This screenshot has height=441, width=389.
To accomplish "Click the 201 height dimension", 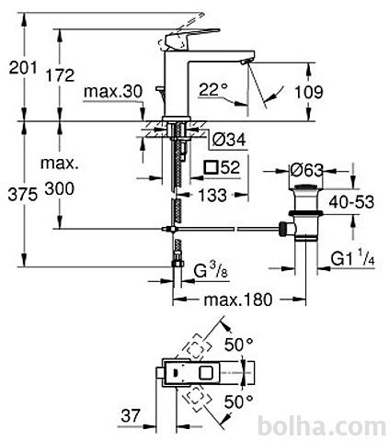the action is (x=23, y=68).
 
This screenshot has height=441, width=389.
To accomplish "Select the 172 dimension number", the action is (x=60, y=75).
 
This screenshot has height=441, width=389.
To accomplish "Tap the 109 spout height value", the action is (x=309, y=92).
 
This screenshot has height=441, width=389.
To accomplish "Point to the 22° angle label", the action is (x=213, y=90).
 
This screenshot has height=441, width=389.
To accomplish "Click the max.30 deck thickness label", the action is (x=113, y=91).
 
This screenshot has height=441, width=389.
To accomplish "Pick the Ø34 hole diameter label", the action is (x=229, y=140).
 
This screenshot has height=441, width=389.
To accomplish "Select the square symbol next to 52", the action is (x=212, y=167).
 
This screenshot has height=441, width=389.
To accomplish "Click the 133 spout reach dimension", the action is (x=212, y=195).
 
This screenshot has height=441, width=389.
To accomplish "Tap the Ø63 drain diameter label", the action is (x=307, y=170).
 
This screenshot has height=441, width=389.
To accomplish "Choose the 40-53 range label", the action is (x=351, y=202).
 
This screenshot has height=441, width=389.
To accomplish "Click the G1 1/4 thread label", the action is (x=353, y=258).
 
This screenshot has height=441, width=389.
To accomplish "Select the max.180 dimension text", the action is (x=238, y=300).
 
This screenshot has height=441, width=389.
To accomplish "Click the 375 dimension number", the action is (x=23, y=195).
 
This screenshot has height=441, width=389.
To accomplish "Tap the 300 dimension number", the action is (x=60, y=188).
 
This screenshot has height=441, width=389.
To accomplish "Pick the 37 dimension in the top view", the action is (x=131, y=415).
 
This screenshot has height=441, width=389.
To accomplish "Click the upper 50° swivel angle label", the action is (x=239, y=345).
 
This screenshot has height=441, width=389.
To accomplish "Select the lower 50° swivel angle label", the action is (x=239, y=402).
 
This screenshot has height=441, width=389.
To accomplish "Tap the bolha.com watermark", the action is (x=322, y=426).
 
